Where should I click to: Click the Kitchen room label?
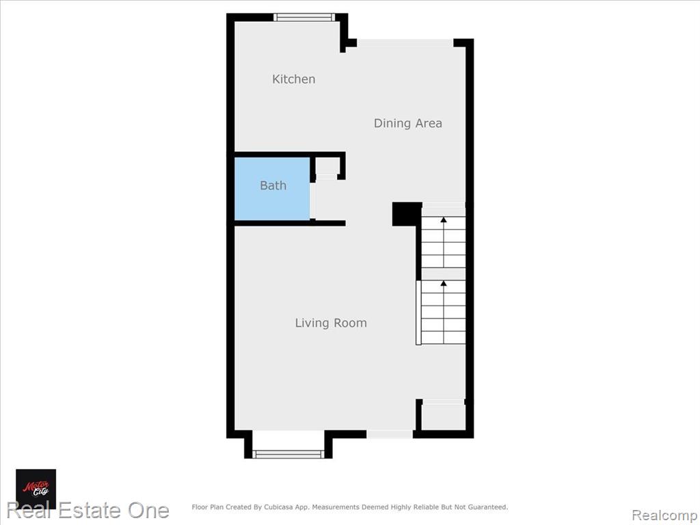tap(294, 79)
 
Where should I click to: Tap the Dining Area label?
tap(408, 123)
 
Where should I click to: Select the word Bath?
tap(273, 185)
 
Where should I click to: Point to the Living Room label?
tap(331, 323)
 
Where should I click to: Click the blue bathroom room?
tap(272, 189)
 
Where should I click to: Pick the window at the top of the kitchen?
tap(304, 17)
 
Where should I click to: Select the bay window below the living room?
tap(288, 454)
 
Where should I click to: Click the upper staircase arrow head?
tap(443, 219)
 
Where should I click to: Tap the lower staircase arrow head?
tap(443, 283)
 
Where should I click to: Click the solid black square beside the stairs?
tap(407, 214)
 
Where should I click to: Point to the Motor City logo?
tap(36, 489)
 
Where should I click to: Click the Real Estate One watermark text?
tap(88, 510)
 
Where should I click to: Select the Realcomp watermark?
tap(665, 515)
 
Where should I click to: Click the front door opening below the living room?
tap(390, 434)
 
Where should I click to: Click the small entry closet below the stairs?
tap(443, 417)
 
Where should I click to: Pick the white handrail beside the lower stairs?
tap(418, 312)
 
